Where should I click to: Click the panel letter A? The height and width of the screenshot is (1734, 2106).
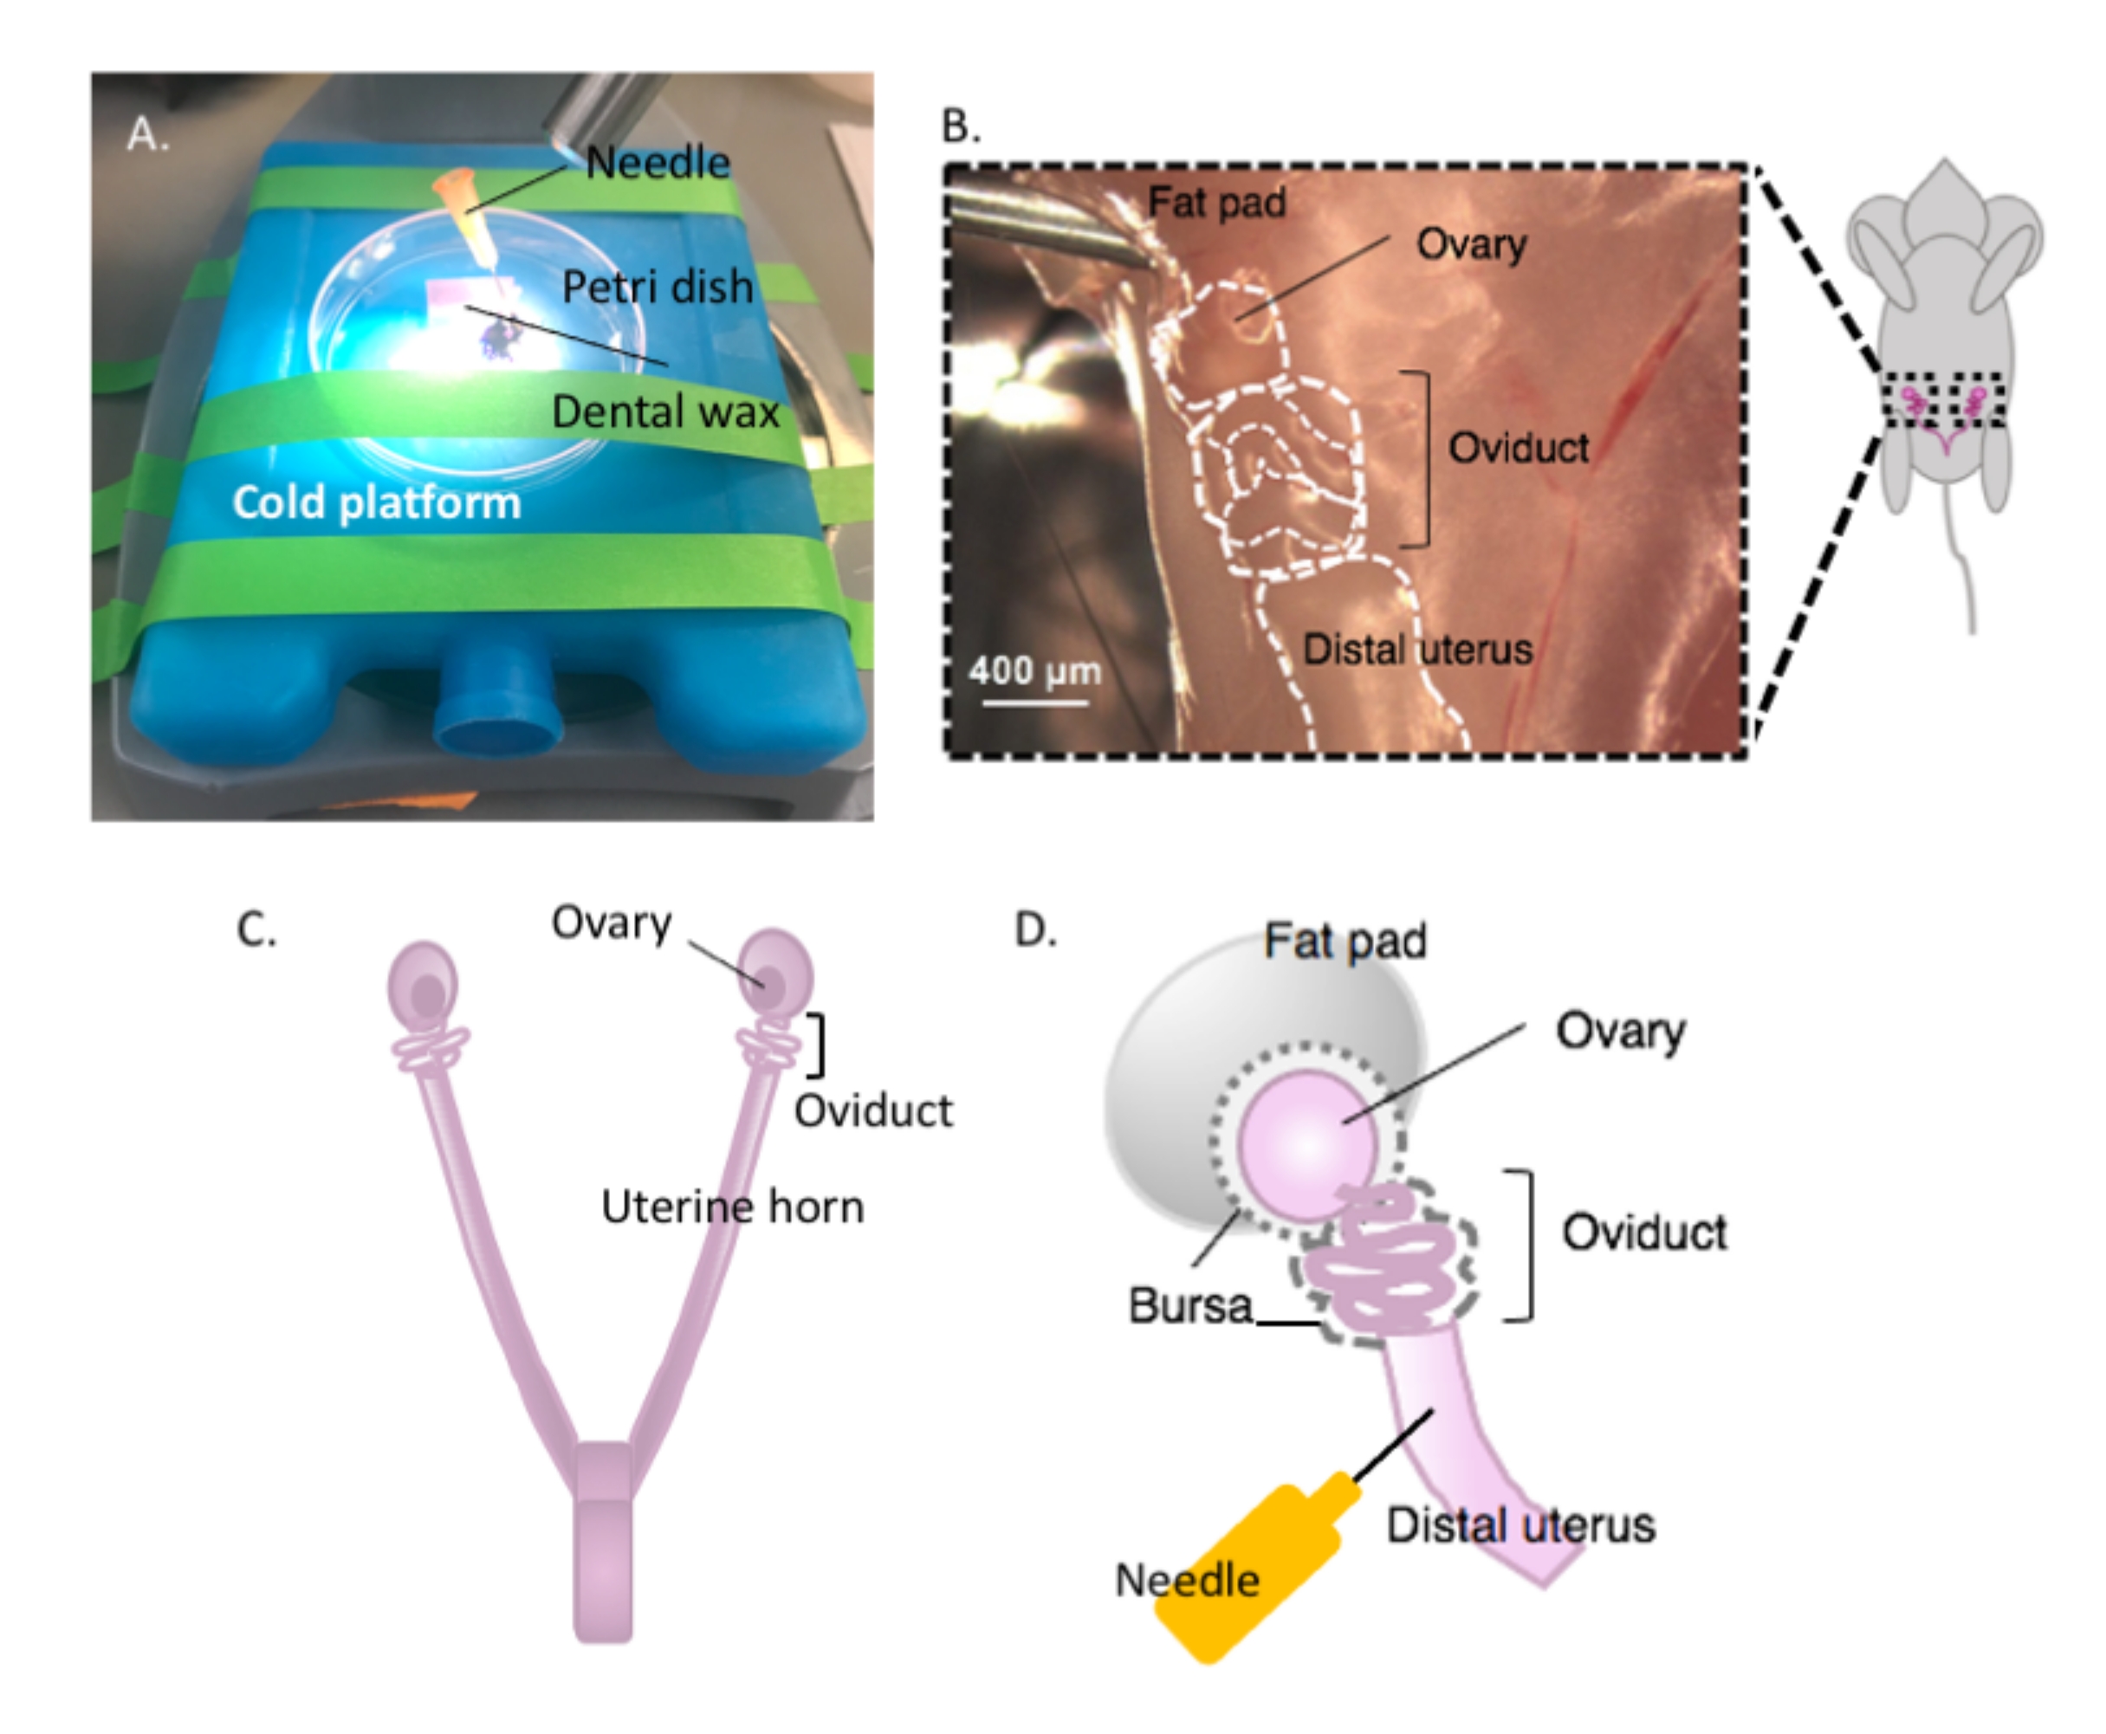pos(147,134)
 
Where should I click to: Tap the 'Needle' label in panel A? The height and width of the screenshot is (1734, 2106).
pos(658,163)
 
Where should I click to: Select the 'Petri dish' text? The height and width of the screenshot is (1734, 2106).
pos(657,288)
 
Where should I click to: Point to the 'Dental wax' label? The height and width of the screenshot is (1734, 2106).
pos(665,411)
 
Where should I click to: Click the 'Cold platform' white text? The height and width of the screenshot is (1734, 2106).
pos(377,501)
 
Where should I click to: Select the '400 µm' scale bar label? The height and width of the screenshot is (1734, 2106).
pos(1034,670)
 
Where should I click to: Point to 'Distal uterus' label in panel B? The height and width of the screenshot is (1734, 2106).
pos(1416,650)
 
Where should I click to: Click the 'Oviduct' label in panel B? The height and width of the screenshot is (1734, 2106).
pos(1518,448)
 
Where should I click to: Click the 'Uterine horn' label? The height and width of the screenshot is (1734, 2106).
pos(732,1207)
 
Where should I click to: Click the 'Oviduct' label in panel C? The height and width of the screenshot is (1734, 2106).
pos(873,1110)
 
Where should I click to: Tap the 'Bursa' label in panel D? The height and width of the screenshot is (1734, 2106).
pos(1189,1305)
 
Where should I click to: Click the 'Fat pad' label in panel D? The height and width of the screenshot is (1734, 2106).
pos(1345,941)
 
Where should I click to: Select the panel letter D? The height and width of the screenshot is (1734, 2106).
pos(1035,930)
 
